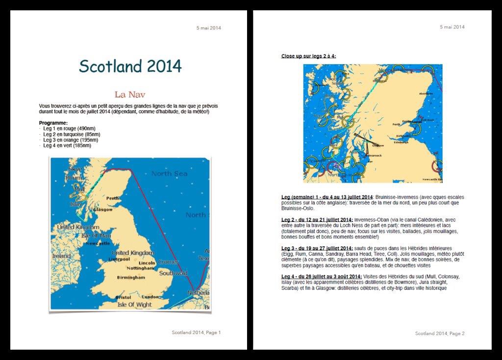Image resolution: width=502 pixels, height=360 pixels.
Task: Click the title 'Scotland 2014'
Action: coord(130,66)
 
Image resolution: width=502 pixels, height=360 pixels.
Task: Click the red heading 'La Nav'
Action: coord(129,94)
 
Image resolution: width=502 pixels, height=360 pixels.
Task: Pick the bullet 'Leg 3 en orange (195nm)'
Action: coord(73,140)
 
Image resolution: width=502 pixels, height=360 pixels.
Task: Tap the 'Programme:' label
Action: coord(53,122)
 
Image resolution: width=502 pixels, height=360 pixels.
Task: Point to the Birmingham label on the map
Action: coord(131,277)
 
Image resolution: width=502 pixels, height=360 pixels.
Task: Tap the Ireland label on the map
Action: coord(61,256)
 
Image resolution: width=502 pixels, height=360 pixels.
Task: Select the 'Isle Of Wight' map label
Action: coord(134,304)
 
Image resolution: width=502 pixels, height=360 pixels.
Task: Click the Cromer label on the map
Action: coord(168,262)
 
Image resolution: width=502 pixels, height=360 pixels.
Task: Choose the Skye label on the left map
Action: coord(75,168)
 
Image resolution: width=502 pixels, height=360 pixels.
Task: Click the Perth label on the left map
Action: coord(113,198)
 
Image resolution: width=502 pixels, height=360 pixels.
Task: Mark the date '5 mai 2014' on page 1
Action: coord(209,28)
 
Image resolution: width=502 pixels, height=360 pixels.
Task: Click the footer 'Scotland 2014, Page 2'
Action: coord(440,333)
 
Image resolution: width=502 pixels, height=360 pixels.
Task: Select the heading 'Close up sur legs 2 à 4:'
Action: coord(308,56)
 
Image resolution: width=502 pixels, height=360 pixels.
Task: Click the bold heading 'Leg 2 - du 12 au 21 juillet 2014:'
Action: coord(317,219)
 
